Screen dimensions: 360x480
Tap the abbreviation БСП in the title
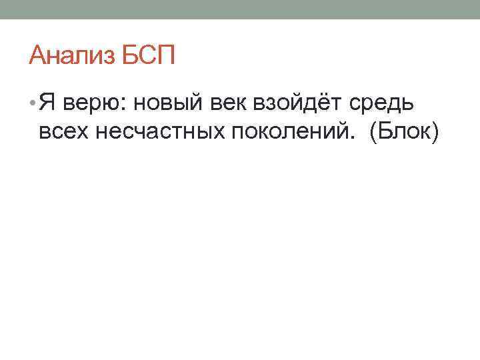pyautogui.click(x=149, y=55)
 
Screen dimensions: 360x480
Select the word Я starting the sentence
pyautogui.click(x=46, y=103)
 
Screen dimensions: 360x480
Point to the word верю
pyautogui.click(x=90, y=104)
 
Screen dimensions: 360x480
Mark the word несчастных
pyautogui.click(x=160, y=132)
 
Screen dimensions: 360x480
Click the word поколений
pyautogui.click(x=285, y=132)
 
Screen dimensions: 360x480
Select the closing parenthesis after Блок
pyautogui.click(x=436, y=132)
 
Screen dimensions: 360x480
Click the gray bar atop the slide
pyautogui.click(x=240, y=9)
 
